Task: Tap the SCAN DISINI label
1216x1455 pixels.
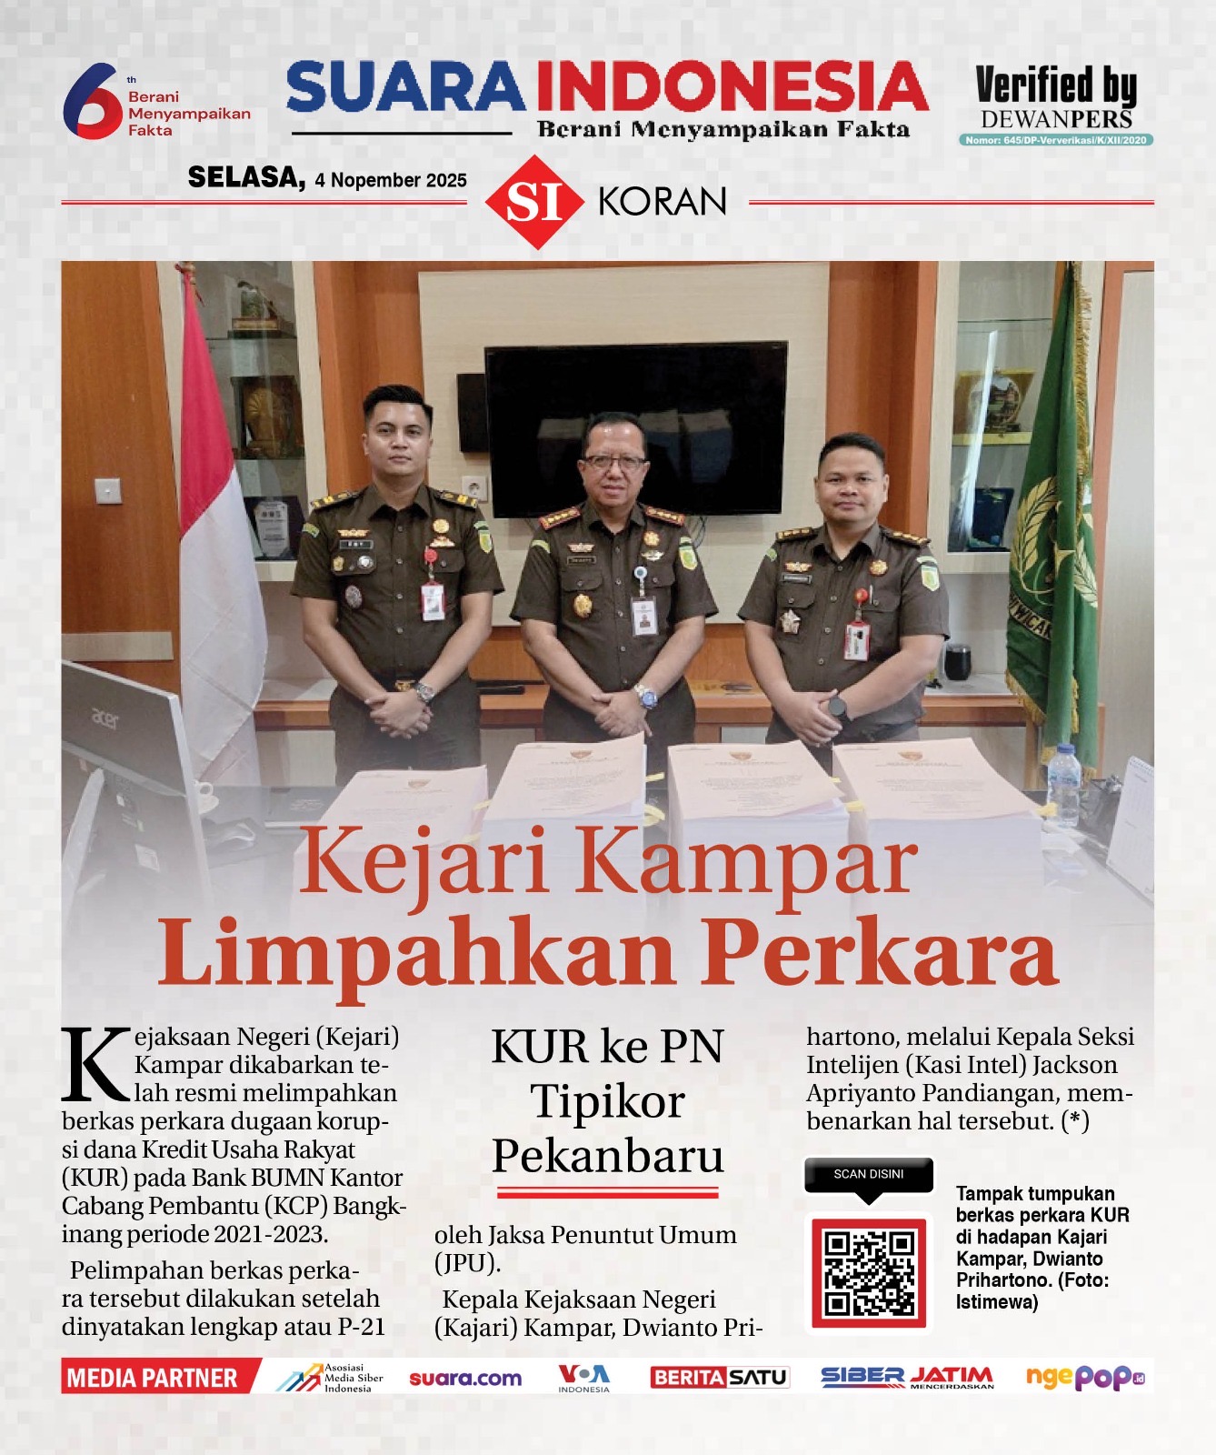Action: click(x=869, y=1174)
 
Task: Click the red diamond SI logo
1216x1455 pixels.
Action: click(x=534, y=202)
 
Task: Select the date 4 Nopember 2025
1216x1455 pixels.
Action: click(x=391, y=180)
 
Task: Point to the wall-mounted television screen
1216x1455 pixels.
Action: click(x=636, y=427)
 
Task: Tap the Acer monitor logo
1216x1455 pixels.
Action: click(x=105, y=719)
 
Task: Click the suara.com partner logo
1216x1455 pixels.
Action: click(x=465, y=1379)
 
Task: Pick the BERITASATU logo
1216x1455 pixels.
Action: click(x=719, y=1378)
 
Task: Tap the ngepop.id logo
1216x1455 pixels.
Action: click(x=1084, y=1378)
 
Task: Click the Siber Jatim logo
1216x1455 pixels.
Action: click(x=907, y=1378)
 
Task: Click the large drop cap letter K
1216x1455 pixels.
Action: click(x=96, y=1064)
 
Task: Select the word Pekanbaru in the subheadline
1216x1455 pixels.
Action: click(x=608, y=1156)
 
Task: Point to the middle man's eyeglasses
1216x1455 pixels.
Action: click(x=615, y=462)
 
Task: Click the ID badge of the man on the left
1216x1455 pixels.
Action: click(x=433, y=600)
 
